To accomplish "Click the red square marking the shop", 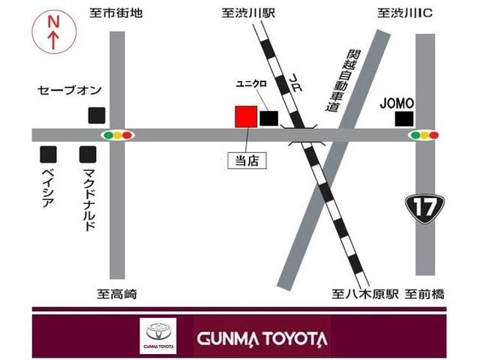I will (246, 116).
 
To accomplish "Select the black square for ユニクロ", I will (268, 118).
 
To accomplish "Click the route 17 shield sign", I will (421, 205).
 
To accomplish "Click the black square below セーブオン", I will (96, 115).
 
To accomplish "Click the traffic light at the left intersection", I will (117, 136).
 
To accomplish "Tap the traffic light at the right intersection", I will (424, 136).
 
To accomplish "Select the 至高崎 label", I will (117, 294).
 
